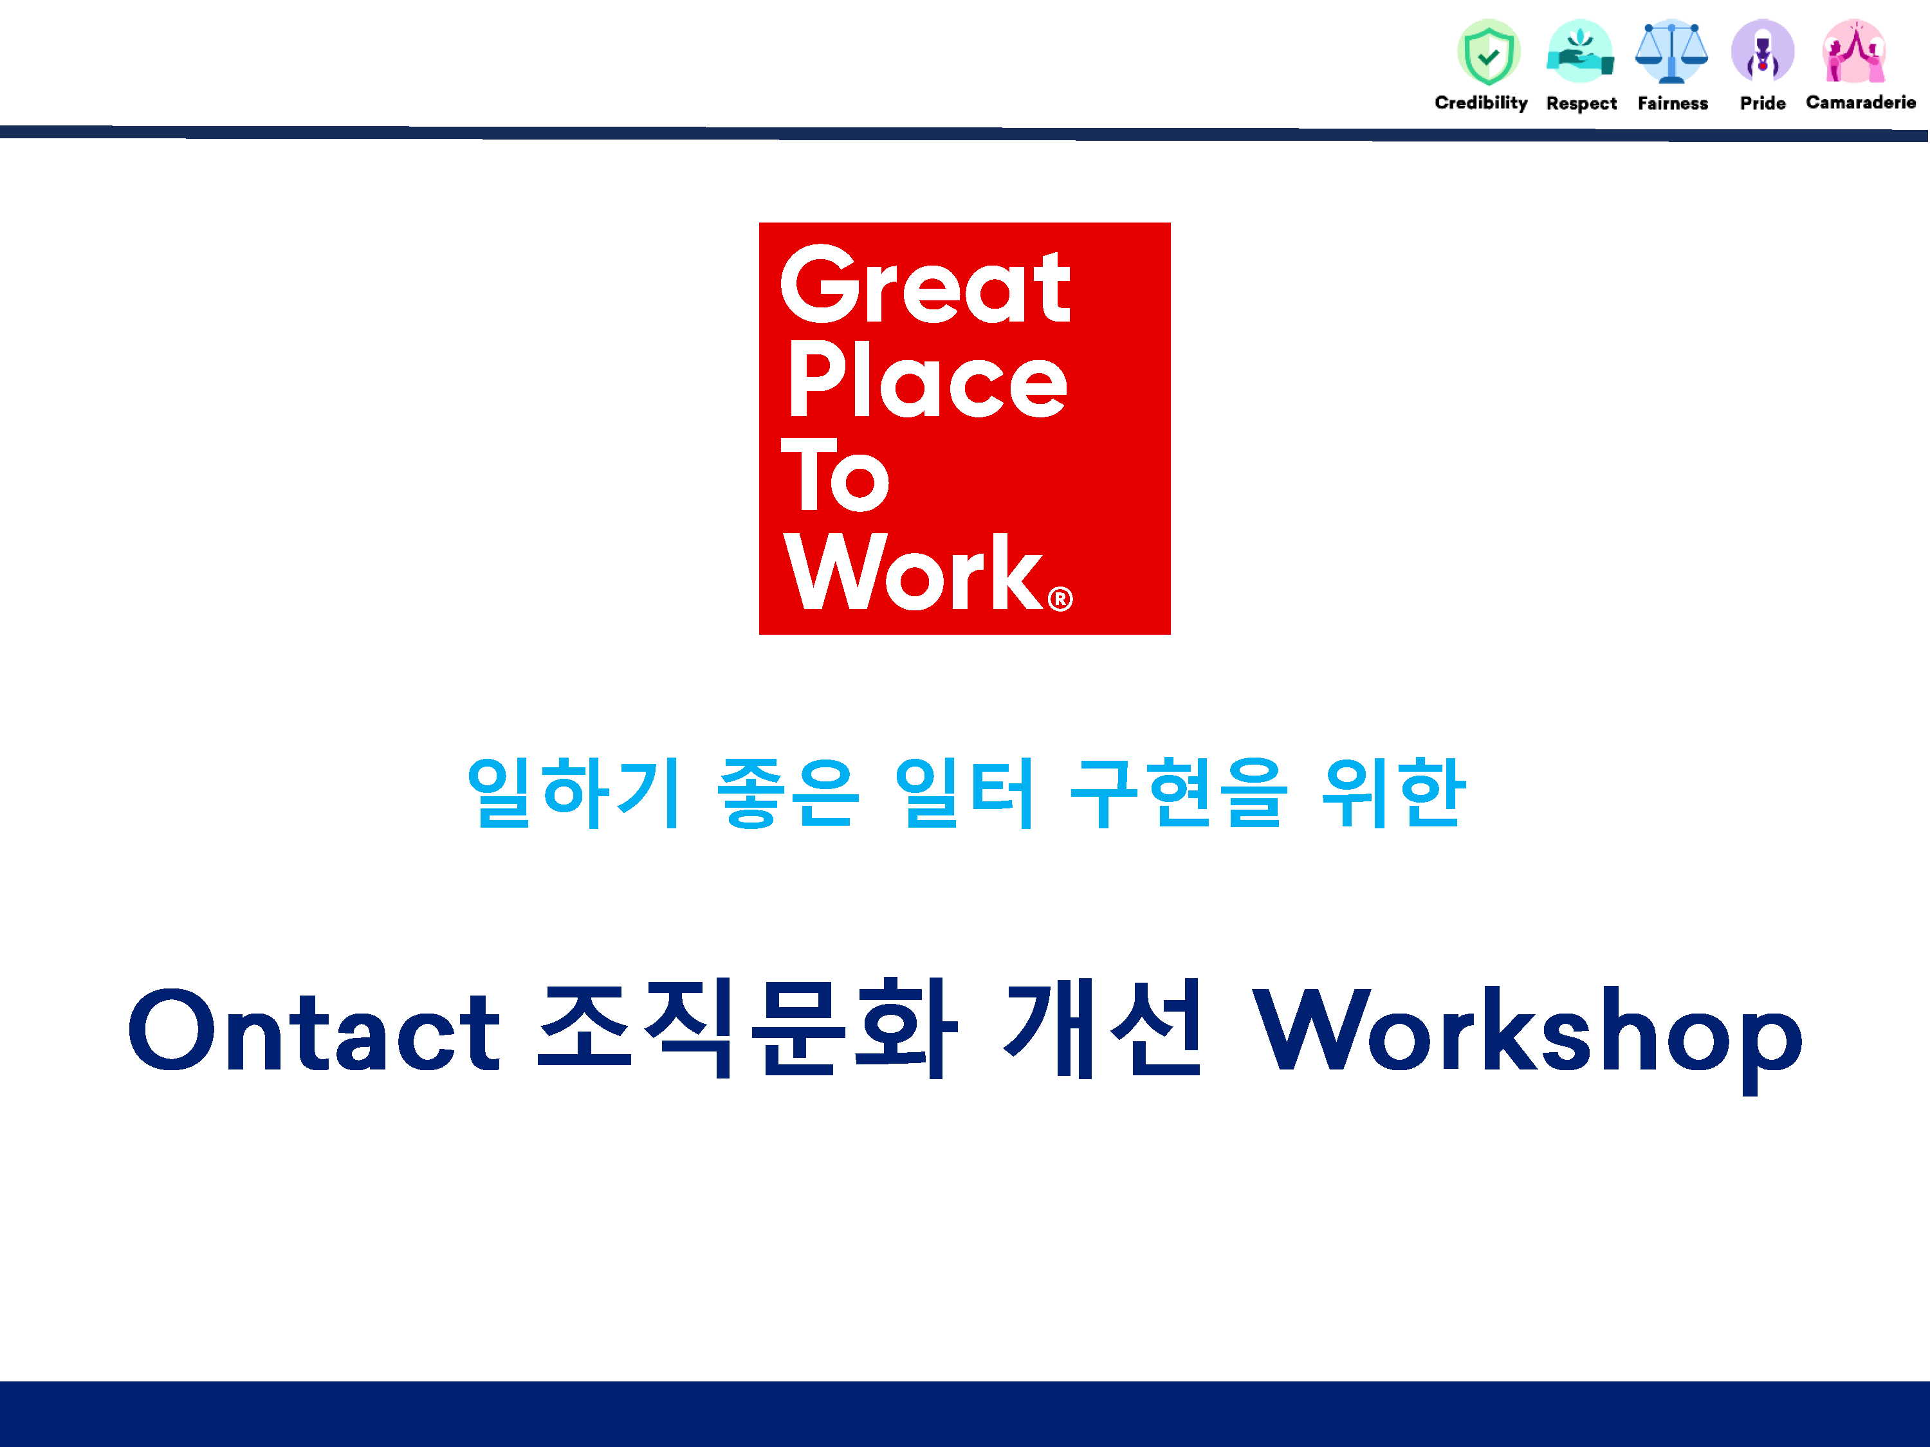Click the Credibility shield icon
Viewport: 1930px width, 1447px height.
coord(1489,51)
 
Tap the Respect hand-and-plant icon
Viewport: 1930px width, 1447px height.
coord(1580,51)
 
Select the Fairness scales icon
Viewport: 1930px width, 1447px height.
coord(1672,51)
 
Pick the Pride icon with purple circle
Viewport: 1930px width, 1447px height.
coord(1763,51)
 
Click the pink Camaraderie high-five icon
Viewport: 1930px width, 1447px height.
coord(1854,51)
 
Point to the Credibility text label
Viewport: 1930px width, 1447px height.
coord(1481,103)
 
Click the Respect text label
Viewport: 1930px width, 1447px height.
coord(1581,104)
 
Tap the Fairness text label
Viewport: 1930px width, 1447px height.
coord(1673,103)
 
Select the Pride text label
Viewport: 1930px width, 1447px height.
coord(1763,103)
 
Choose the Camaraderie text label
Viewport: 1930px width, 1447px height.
coord(1861,102)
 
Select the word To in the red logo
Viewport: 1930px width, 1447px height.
coord(835,475)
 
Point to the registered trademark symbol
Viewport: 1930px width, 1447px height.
coord(1060,599)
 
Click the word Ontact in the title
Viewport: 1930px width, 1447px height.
coord(314,1030)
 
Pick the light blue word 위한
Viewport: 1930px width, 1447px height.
coord(1393,792)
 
